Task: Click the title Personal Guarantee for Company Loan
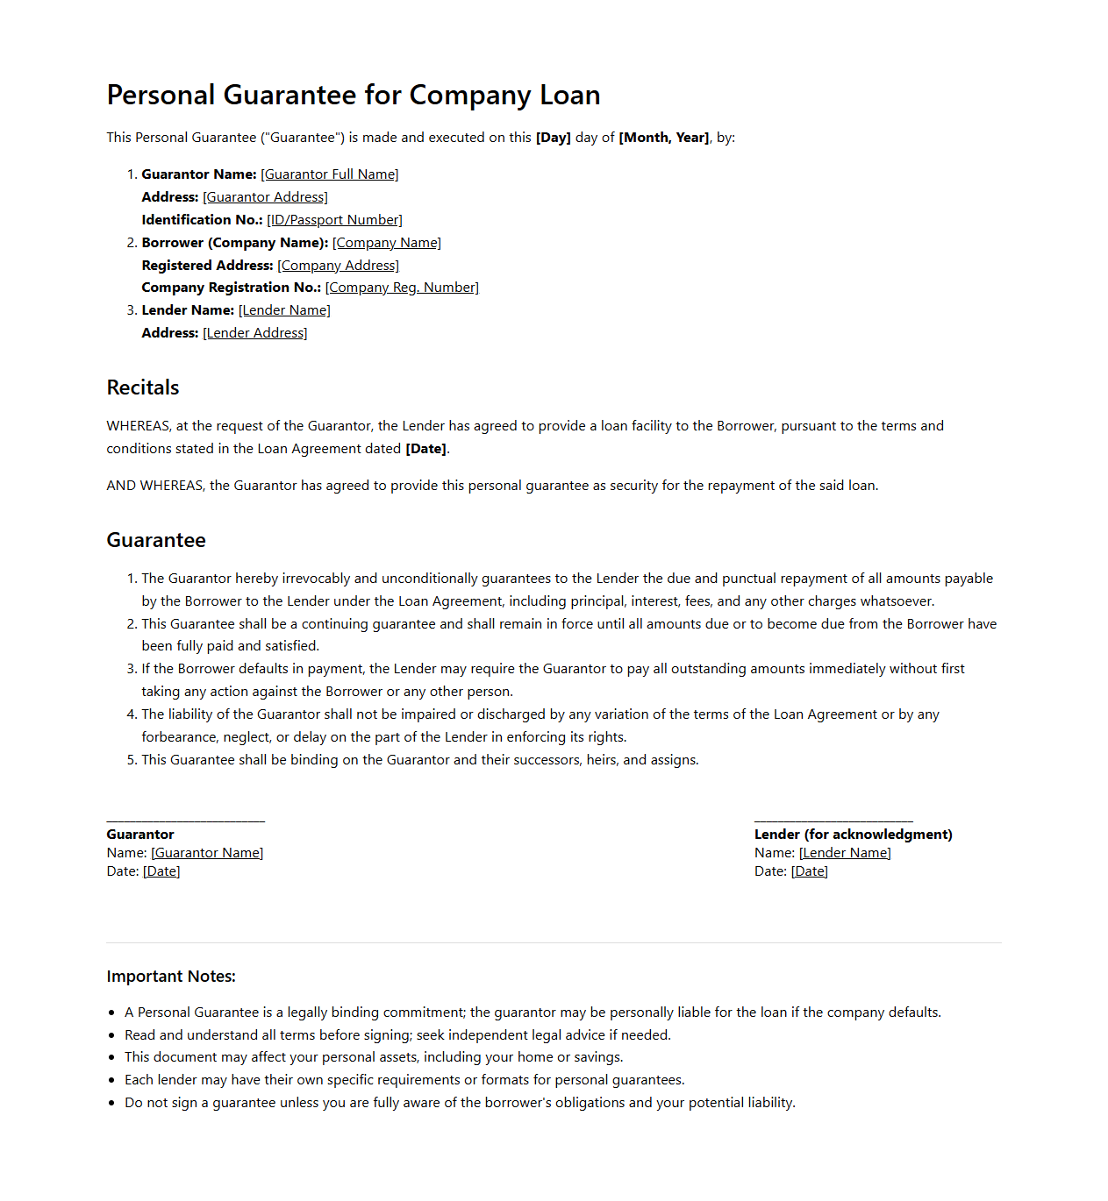click(354, 95)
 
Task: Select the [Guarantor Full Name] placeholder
click(330, 174)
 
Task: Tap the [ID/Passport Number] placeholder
click(334, 220)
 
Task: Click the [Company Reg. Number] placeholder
click(402, 288)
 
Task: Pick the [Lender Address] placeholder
click(255, 333)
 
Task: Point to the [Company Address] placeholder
click(338, 266)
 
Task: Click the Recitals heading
click(143, 387)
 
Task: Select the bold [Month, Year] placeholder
click(664, 138)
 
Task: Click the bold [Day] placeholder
click(554, 138)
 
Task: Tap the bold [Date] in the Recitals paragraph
click(426, 449)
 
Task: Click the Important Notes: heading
click(171, 977)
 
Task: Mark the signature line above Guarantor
click(186, 821)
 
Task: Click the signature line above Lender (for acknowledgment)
click(833, 821)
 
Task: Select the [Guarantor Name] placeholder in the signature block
click(207, 853)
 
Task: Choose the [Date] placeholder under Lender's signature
click(810, 871)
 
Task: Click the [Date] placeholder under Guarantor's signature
click(161, 871)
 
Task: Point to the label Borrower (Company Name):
click(235, 243)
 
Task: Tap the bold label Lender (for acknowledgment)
click(853, 835)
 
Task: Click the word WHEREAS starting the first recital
click(139, 426)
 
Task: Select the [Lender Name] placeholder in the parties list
click(284, 310)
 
